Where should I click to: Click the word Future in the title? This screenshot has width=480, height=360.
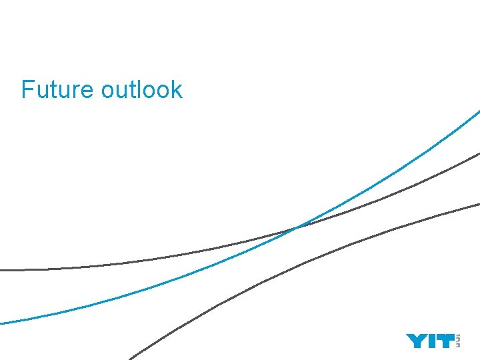(58, 89)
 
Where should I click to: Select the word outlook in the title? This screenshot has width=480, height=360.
(142, 89)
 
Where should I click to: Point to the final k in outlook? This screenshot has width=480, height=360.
(177, 89)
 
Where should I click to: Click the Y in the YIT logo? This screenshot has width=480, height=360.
(416, 341)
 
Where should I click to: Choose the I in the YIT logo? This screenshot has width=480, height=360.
(431, 341)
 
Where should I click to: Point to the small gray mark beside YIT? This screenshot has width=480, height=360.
(457, 341)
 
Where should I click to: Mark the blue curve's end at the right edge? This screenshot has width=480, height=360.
(478, 111)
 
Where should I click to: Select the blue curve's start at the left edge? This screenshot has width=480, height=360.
(2, 323)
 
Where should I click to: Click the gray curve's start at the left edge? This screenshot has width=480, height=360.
(2, 270)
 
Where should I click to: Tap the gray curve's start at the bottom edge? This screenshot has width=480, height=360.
(131, 358)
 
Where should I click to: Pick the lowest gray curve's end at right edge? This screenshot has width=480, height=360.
(478, 203)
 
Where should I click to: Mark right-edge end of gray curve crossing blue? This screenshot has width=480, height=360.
(478, 154)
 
